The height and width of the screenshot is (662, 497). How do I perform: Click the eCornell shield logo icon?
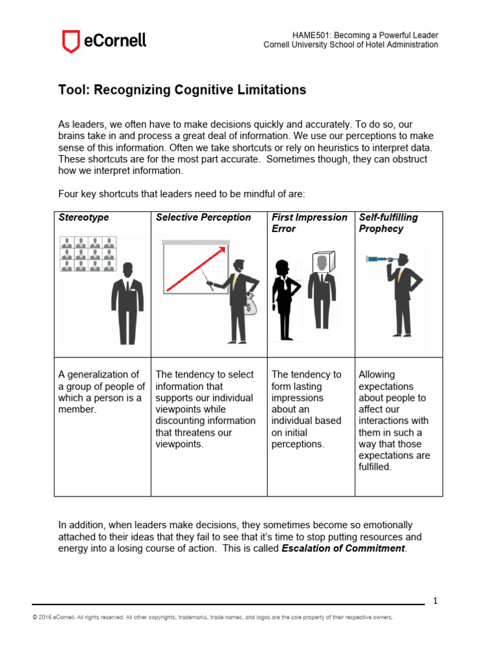coord(70,41)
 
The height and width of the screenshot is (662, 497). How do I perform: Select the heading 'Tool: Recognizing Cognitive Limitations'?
coord(182,90)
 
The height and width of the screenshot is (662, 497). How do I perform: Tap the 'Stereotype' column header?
coord(83,217)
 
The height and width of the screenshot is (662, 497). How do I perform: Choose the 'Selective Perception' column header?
coord(203,217)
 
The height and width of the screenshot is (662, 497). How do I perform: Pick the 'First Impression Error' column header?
coord(309,223)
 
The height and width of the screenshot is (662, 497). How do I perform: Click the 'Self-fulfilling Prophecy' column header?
coord(388,223)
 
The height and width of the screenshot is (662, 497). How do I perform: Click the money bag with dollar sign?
coord(250,304)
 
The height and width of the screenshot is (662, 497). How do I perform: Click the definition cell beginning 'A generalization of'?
coord(102,392)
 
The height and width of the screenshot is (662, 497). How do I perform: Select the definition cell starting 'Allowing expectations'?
coord(392,420)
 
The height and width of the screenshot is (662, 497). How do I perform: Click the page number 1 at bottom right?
coord(436,601)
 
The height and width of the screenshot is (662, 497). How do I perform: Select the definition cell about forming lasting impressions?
coord(307,409)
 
